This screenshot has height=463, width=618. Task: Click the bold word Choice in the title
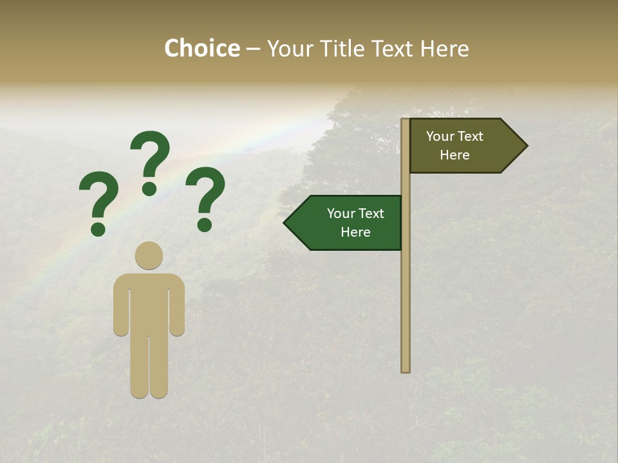pos(201,48)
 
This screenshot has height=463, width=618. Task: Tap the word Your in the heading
pos(291,48)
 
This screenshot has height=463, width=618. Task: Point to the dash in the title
pos(253,49)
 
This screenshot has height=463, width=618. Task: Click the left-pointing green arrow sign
pos(348,223)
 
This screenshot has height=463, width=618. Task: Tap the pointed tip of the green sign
pos(286,223)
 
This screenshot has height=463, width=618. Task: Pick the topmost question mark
pos(150,161)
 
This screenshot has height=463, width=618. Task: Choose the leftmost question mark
pos(98,203)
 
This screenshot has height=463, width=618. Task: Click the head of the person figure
pos(149,255)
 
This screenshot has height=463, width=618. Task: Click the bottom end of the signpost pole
pos(406,369)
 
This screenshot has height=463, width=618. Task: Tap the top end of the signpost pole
pos(406,121)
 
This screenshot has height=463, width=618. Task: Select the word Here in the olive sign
pos(454,155)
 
